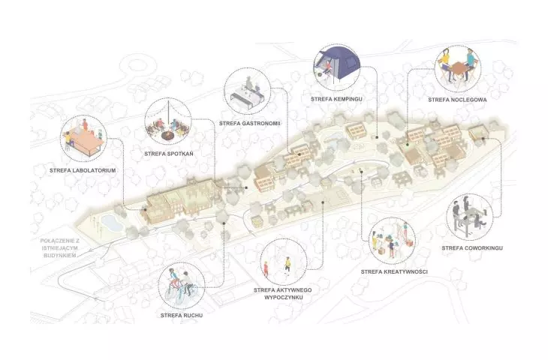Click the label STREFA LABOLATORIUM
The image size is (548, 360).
(83, 171)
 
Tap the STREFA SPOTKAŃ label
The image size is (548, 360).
(168, 154)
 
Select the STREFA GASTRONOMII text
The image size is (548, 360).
(250, 123)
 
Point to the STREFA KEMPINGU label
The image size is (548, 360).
(336, 99)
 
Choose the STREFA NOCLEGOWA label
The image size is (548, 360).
(457, 100)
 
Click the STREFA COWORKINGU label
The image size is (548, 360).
(472, 248)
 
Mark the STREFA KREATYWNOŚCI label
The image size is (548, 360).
(394, 271)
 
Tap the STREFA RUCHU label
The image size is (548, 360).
(182, 315)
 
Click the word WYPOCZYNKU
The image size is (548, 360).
(283, 298)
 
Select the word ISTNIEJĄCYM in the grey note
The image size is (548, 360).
(59, 248)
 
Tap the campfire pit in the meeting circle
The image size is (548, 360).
(168, 135)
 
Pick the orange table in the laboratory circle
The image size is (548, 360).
(85, 141)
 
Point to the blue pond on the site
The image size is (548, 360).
(112, 223)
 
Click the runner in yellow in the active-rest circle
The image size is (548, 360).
(288, 264)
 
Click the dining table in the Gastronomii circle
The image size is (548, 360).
(246, 97)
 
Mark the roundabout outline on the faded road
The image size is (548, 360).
(134, 65)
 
